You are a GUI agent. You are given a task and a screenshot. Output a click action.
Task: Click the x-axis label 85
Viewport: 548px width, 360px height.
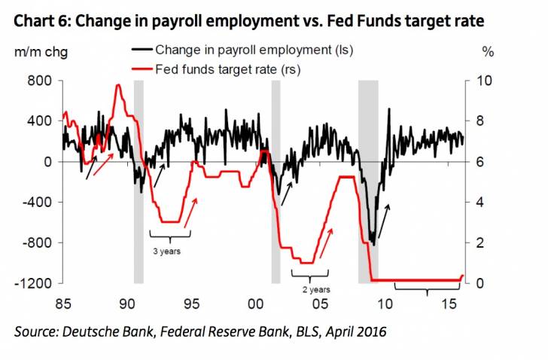point(62,303)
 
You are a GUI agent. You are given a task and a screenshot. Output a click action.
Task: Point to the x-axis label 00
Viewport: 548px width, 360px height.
point(255,303)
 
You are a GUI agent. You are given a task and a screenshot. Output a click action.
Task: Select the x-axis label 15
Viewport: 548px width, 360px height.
point(449,303)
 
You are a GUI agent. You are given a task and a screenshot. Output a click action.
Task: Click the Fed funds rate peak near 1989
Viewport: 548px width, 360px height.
point(118,85)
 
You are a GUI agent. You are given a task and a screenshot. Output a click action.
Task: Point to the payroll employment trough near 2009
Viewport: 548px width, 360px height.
point(373,244)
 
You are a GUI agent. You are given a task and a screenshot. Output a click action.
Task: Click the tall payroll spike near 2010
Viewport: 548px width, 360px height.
point(388,110)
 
